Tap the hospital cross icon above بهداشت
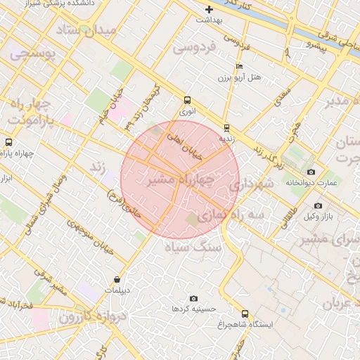tap(209, 9)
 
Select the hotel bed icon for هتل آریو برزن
tap(239, 66)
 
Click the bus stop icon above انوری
tap(186, 100)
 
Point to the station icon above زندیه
tap(226, 127)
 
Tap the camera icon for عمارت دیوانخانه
tap(311, 172)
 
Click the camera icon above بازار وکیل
tap(318, 205)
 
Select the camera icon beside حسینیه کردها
tap(194, 299)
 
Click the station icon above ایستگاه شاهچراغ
tap(245, 314)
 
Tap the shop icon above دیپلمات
tap(116, 279)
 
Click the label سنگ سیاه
tap(193, 247)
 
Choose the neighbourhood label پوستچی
tap(27, 53)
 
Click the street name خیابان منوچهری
tap(88, 237)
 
